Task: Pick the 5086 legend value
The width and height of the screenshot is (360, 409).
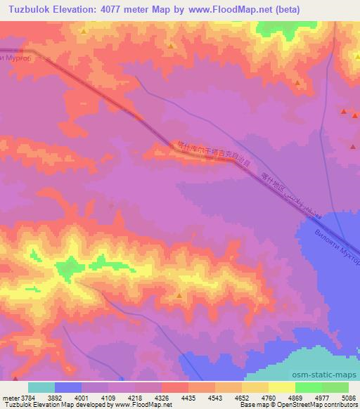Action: tap(349, 398)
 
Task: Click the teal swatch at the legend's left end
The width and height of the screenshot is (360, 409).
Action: tap(41, 388)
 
